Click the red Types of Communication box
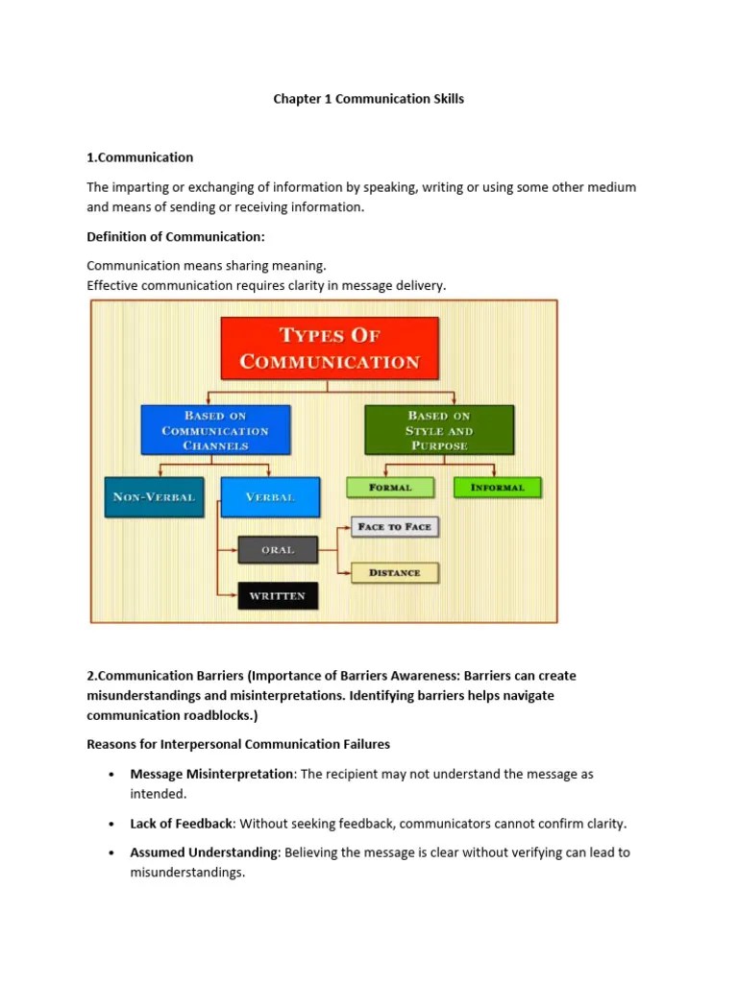coord(330,348)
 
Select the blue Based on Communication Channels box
coord(215,430)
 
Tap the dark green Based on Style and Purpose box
coord(438,430)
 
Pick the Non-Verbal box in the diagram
coord(154,497)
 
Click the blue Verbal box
coord(270,497)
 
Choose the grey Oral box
coord(277,550)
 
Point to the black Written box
coord(277,596)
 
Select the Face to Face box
coord(394,527)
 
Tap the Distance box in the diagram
coord(394,573)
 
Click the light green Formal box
coord(389,488)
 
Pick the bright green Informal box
coord(497,488)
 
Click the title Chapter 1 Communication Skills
coord(369,99)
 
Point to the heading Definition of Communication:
coord(175,237)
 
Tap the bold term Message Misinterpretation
coord(211,774)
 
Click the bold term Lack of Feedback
coord(182,824)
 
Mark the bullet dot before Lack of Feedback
coord(112,825)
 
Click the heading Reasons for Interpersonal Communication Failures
coord(238,744)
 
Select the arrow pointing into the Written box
coord(231,596)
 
